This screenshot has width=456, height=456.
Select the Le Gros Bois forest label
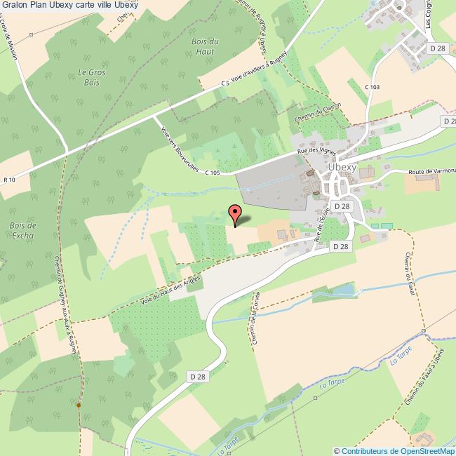[x=88, y=76]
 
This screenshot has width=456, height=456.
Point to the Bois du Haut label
[x=206, y=46]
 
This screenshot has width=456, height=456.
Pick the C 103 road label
[x=372, y=87]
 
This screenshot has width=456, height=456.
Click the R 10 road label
[x=10, y=180]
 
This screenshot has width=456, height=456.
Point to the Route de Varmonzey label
[x=431, y=172]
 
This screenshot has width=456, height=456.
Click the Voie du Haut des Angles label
[x=170, y=289]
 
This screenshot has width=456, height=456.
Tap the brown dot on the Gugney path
[x=79, y=405]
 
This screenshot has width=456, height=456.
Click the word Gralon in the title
[x=15, y=6]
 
